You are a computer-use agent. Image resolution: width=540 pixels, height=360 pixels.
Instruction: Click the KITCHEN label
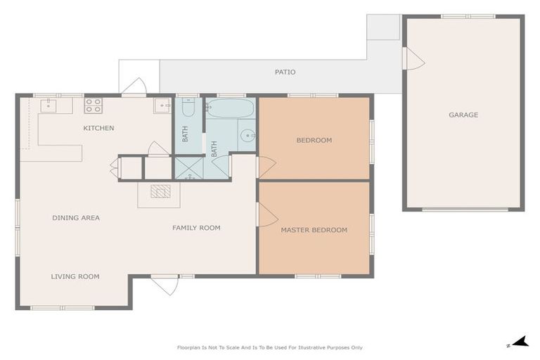(x=98, y=128)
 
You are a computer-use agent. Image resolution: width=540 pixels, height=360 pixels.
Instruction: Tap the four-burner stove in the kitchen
(x=94, y=105)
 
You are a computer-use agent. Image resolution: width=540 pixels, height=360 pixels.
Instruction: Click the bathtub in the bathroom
(x=230, y=108)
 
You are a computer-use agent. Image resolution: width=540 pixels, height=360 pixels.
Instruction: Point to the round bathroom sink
(x=246, y=135)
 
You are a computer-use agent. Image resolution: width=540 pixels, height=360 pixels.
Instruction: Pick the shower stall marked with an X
(x=188, y=167)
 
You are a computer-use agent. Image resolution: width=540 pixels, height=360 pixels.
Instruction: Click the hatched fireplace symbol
(x=160, y=191)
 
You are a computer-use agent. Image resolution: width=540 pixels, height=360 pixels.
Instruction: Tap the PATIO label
(x=285, y=72)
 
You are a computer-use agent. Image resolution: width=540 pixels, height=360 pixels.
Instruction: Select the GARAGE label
(x=463, y=115)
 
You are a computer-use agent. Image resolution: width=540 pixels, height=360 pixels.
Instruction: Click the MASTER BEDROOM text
(x=314, y=230)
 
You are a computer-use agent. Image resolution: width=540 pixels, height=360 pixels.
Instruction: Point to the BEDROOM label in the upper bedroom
(x=314, y=140)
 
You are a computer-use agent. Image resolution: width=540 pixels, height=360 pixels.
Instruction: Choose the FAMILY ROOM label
(x=196, y=228)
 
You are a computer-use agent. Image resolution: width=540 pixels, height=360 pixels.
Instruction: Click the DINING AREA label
(x=76, y=218)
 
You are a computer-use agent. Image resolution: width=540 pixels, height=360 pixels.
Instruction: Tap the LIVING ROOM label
(x=75, y=276)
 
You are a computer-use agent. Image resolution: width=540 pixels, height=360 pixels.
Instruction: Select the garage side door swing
(x=413, y=58)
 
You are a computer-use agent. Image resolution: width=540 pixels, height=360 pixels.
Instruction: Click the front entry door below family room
(x=165, y=285)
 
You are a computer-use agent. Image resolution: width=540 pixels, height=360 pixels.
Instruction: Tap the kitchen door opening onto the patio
(x=134, y=86)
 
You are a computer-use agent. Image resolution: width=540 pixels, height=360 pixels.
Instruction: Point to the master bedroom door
(x=266, y=215)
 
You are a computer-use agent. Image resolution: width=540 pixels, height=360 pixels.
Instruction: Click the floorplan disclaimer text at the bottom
(x=269, y=347)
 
